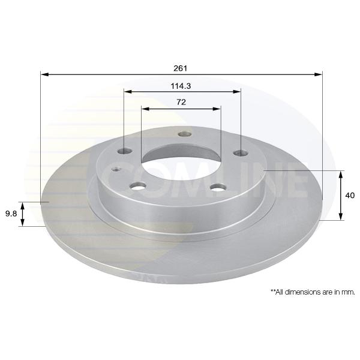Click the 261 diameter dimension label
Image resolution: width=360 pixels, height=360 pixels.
click(x=181, y=68)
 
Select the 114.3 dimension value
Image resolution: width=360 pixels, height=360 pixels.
click(x=181, y=86)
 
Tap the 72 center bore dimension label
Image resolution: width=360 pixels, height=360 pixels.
click(x=181, y=102)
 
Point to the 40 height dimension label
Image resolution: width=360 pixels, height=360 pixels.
click(x=350, y=196)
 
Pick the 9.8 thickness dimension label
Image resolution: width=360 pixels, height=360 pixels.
click(x=11, y=214)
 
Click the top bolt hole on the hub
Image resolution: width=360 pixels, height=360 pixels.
click(x=185, y=134)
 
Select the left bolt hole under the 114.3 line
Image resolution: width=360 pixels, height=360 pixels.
click(x=125, y=151)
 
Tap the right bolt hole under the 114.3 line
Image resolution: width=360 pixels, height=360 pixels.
click(x=241, y=153)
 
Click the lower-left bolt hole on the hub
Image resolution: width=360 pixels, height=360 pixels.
click(x=137, y=186)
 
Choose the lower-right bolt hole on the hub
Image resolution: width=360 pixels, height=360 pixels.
click(x=219, y=187)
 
